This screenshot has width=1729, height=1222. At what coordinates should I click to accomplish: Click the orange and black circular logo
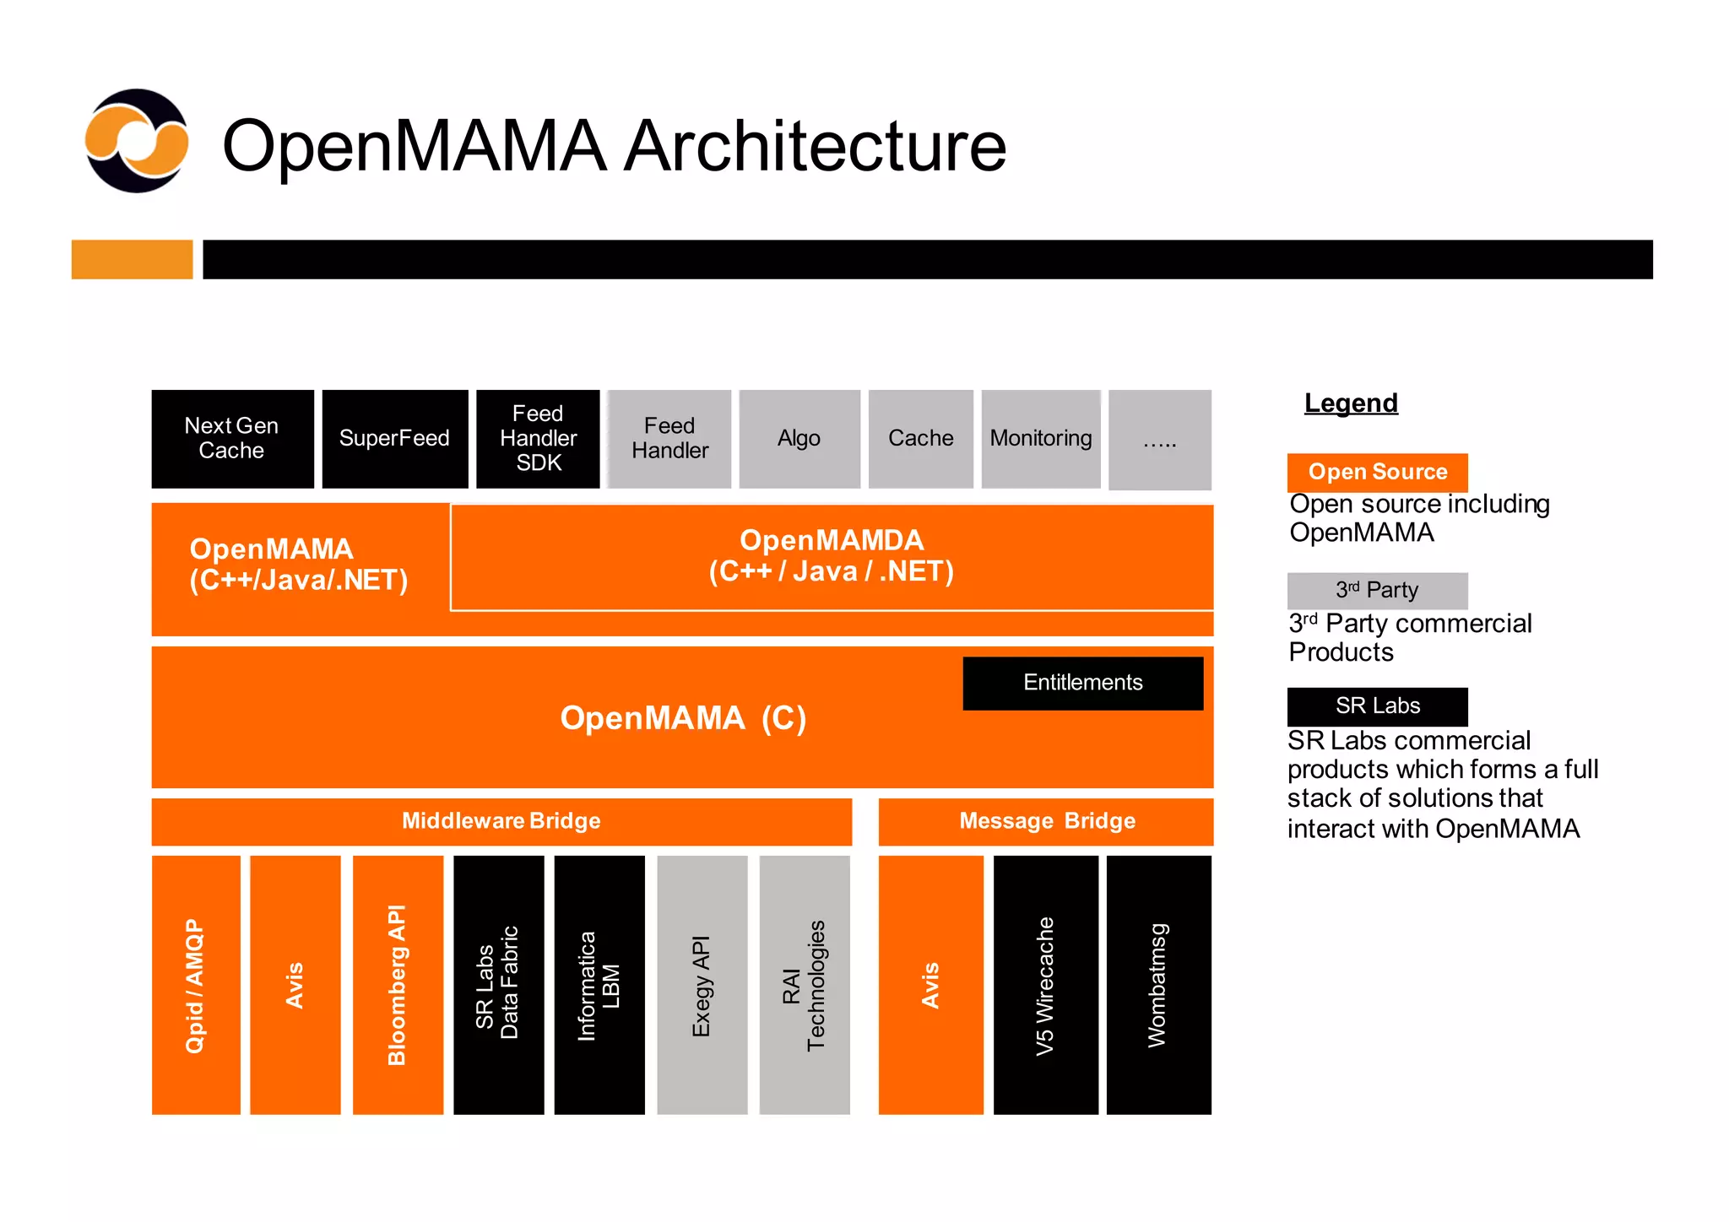click(137, 141)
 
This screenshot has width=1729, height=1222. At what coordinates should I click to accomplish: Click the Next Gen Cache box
click(232, 439)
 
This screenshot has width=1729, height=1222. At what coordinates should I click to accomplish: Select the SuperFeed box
click(394, 439)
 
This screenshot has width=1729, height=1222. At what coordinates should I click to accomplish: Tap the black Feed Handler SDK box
click(538, 439)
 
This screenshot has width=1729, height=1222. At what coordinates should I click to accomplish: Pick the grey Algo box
click(799, 439)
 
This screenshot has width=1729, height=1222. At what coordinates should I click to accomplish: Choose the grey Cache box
click(920, 439)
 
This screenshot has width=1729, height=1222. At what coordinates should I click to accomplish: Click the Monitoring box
click(1040, 439)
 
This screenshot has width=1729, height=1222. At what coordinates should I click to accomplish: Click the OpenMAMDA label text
click(832, 541)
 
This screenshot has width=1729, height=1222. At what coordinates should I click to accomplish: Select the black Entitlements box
click(1082, 683)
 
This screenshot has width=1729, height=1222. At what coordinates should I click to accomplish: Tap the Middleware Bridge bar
click(501, 821)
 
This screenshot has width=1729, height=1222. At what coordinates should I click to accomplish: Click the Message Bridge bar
click(1046, 821)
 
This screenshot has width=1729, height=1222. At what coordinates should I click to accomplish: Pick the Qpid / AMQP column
click(196, 985)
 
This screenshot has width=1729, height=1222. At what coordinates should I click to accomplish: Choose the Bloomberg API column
click(398, 985)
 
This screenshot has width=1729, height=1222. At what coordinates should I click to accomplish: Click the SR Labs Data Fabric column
click(498, 985)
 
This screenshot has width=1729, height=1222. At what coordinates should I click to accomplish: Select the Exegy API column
click(702, 985)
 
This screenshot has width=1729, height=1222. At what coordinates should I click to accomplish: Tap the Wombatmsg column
click(1158, 985)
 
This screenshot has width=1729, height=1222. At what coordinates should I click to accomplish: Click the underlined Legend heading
click(1351, 403)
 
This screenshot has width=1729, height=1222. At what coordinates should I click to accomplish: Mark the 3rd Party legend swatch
click(1377, 591)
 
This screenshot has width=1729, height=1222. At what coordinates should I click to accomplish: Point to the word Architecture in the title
click(816, 146)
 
